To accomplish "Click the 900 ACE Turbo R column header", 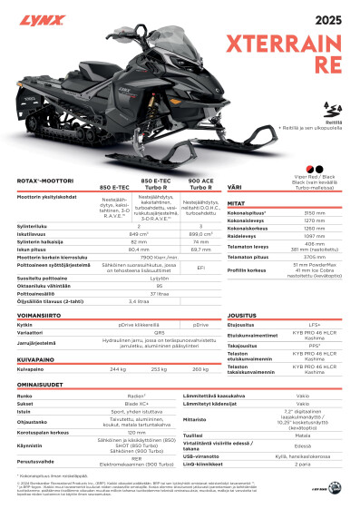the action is pyautogui.click(x=200, y=185).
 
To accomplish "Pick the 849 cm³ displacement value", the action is pyautogui.click(x=139, y=233).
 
